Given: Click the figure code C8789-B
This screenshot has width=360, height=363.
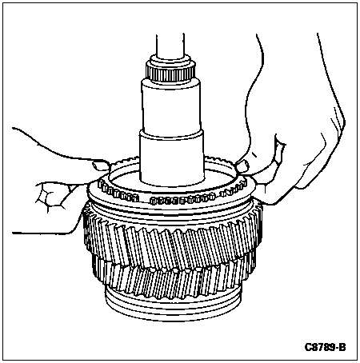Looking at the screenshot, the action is click(325, 347).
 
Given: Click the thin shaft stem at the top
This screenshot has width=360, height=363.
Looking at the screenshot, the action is click(170, 45).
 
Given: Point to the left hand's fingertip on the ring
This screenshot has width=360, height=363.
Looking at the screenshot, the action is click(99, 166).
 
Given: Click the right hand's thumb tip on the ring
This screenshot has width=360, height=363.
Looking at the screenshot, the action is click(242, 166).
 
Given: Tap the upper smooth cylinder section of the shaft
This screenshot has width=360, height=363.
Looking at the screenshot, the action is click(171, 106).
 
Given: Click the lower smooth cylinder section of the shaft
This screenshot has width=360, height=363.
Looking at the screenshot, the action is click(171, 158).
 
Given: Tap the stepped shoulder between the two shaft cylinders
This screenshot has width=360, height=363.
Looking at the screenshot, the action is click(171, 131).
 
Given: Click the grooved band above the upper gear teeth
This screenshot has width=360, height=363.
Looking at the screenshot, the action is click(172, 208).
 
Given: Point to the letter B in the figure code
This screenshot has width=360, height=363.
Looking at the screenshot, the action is click(342, 347).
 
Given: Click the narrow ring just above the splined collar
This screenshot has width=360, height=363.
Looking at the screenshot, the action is click(170, 61).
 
